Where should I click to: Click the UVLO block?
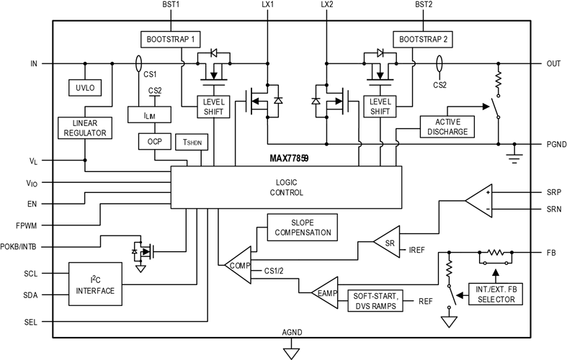(x=85, y=87)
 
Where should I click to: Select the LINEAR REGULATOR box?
(x=85, y=128)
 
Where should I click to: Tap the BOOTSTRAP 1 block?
(x=170, y=39)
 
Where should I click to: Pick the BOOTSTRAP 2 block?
(x=423, y=39)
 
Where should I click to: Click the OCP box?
(x=155, y=141)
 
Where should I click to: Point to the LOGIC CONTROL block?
(x=287, y=187)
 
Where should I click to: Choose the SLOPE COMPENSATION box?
(x=303, y=228)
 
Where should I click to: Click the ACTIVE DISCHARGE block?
(x=447, y=127)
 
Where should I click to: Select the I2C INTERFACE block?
(x=95, y=284)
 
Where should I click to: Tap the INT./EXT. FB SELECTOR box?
(x=496, y=294)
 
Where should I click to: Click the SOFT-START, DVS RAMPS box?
(x=375, y=301)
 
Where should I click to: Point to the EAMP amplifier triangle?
(x=325, y=293)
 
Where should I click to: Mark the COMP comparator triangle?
(x=238, y=265)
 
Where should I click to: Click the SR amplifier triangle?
(x=387, y=242)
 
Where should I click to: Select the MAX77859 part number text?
(x=289, y=158)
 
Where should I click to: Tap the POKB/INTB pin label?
(x=18, y=247)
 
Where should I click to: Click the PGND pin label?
(x=556, y=144)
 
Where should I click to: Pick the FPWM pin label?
(x=27, y=225)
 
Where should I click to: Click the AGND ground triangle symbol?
(x=292, y=353)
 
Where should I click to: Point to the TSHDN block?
(x=192, y=142)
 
